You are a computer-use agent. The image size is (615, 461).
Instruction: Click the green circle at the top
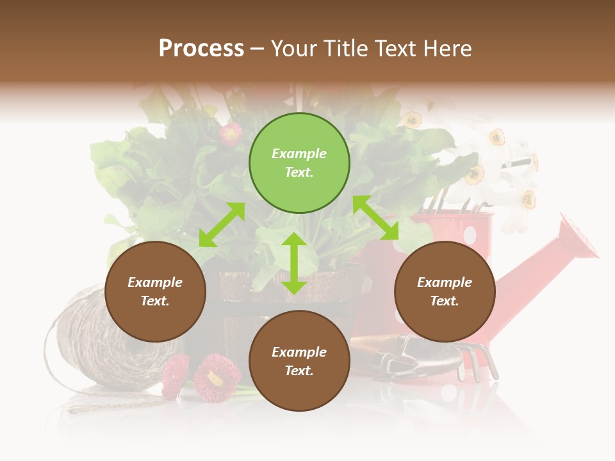(299, 163)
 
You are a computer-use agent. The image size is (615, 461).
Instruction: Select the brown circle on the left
(155, 291)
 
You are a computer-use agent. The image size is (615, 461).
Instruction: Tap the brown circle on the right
(445, 291)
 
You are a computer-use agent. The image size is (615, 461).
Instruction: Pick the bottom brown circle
(299, 361)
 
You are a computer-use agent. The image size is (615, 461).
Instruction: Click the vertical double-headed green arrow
(294, 263)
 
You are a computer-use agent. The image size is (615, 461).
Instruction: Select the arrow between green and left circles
(222, 225)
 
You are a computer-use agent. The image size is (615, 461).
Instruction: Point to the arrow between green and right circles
(376, 218)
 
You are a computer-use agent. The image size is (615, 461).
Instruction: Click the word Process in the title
(201, 48)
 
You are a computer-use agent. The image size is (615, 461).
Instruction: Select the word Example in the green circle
(299, 154)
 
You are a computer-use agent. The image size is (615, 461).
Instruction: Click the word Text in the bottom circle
(299, 371)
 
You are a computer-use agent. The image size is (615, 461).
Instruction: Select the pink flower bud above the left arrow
(231, 134)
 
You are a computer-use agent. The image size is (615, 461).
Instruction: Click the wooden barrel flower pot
(231, 301)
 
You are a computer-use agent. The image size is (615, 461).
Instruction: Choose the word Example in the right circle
(445, 282)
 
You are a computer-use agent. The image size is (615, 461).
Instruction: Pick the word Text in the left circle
(154, 301)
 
